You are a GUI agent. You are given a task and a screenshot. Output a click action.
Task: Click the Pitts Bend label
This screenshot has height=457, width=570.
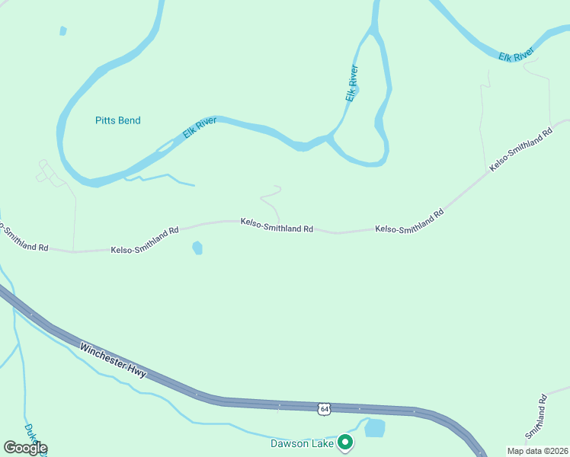(117, 120)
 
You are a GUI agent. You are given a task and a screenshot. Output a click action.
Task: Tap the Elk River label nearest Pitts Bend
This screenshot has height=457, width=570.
(200, 127)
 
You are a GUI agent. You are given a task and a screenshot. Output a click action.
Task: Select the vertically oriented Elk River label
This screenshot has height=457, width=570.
(351, 83)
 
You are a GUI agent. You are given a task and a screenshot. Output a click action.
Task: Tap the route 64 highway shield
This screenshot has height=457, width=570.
(325, 409)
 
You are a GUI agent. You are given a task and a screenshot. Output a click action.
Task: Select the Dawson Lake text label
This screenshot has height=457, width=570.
(303, 443)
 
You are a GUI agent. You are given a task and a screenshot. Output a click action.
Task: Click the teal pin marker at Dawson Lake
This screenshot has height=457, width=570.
(345, 441)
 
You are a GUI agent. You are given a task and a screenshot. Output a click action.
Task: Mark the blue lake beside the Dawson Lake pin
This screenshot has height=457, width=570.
(374, 428)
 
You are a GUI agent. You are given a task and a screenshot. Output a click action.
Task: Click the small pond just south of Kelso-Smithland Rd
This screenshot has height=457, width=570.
(198, 248)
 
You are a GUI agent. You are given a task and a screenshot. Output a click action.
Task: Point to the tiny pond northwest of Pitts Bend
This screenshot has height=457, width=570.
(63, 31)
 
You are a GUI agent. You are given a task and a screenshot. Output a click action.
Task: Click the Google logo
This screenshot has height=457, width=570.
(24, 447)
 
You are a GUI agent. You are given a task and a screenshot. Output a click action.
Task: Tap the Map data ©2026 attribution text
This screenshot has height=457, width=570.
(537, 451)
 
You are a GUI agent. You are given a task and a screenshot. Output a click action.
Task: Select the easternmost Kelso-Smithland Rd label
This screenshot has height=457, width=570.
(521, 149)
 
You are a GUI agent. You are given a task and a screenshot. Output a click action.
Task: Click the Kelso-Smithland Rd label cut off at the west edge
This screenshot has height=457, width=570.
(23, 238)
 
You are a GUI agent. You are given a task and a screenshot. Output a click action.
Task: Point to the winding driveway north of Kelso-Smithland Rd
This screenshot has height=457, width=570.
(271, 200)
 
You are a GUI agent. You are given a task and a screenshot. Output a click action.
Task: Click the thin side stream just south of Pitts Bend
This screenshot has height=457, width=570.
(164, 178)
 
